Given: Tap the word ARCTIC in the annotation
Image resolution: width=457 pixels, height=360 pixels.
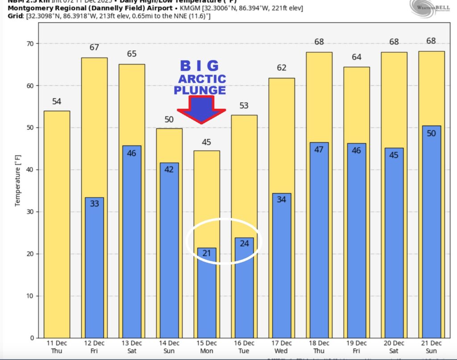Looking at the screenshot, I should pyautogui.click(x=202, y=79).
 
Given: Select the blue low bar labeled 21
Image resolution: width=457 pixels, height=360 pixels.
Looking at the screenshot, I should pyautogui.click(x=207, y=292).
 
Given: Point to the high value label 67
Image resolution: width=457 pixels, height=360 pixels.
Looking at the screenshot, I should pyautogui.click(x=94, y=48).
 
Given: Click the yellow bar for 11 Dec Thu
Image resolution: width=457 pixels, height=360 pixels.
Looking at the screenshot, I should pyautogui.click(x=57, y=223).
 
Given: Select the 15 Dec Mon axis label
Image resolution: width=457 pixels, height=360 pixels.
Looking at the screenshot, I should pyautogui.click(x=207, y=347).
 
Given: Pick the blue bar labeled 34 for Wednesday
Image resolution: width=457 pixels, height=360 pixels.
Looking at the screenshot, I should pyautogui.click(x=281, y=265).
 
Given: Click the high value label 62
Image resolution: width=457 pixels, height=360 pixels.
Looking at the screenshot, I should pyautogui.click(x=281, y=68).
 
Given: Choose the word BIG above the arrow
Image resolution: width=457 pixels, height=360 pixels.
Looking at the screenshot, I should pyautogui.click(x=199, y=66).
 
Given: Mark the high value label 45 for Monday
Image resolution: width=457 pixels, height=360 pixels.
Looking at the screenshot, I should pyautogui.click(x=207, y=142).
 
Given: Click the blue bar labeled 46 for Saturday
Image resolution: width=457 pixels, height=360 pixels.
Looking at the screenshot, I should pyautogui.click(x=132, y=241).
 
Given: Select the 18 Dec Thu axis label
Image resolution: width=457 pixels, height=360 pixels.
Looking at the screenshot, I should pyautogui.click(x=319, y=347).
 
